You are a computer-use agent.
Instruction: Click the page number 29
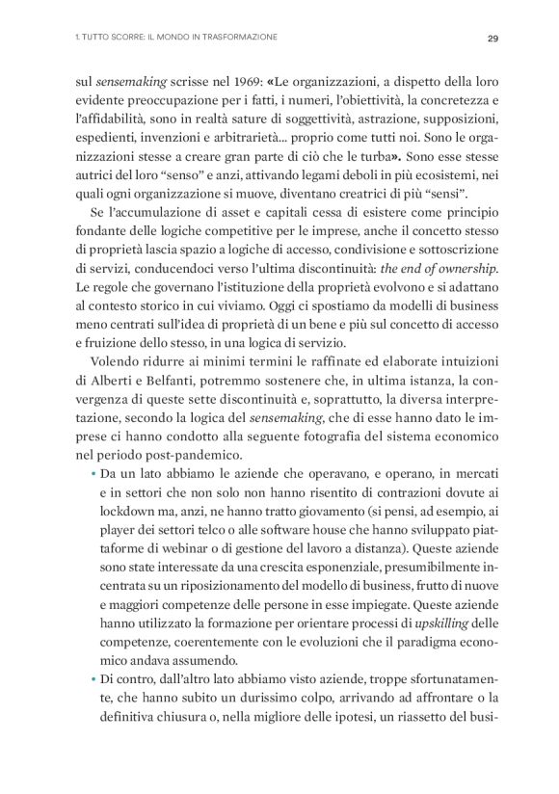point(492,39)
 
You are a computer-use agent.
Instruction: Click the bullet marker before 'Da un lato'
point(93,470)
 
